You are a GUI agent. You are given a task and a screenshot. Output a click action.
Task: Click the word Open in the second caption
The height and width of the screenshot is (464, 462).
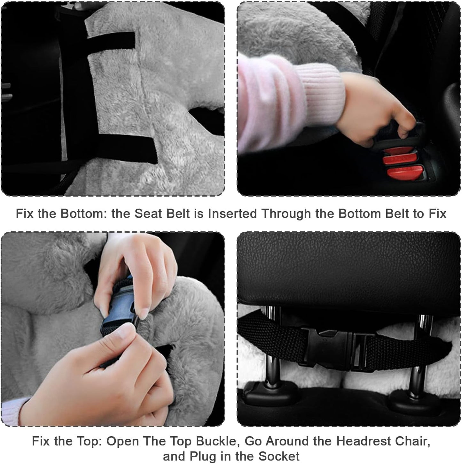pos(122,441)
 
